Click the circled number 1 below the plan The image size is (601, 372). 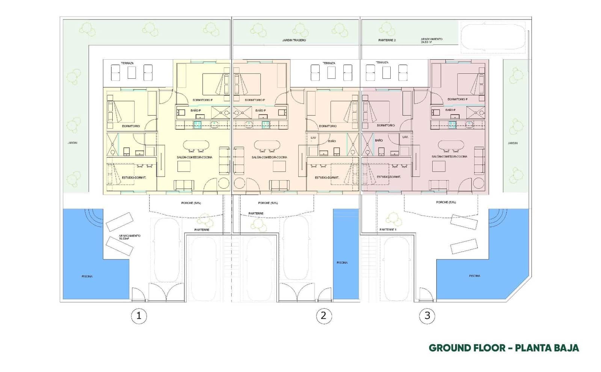[139, 316]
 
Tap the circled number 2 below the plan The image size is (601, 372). [324, 316]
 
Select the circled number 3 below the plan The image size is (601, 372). [427, 316]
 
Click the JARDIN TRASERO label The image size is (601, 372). [294, 40]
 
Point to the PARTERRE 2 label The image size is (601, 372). [387, 40]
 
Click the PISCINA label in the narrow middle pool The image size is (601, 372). [342, 262]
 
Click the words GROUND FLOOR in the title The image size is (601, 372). [467, 348]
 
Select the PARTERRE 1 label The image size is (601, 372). [388, 229]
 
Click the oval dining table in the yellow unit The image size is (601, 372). [196, 145]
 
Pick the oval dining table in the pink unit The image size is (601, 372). [450, 145]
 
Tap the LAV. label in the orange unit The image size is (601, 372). [313, 138]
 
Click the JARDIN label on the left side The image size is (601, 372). [72, 143]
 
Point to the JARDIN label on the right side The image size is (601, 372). [512, 143]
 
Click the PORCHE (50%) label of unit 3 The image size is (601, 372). [446, 202]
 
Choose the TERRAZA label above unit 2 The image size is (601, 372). [329, 63]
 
